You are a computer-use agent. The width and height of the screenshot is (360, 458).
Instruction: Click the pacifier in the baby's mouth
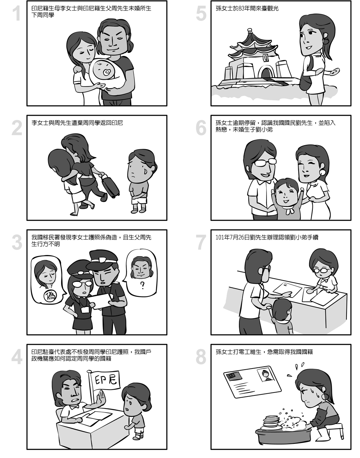(x=107, y=73)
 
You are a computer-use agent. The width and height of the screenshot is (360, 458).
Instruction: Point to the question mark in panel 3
(x=143, y=285)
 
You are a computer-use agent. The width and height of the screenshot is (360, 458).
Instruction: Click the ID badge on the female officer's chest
(x=85, y=310)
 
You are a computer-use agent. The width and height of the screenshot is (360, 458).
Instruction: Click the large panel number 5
(x=201, y=13)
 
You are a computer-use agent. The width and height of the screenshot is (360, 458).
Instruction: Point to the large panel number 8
(x=201, y=357)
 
